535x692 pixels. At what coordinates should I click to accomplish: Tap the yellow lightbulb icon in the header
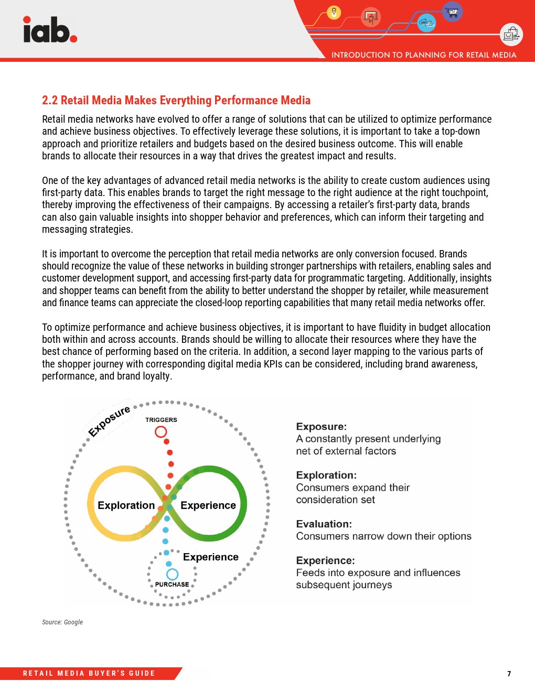(334, 12)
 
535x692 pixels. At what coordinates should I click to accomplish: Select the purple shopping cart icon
(452, 11)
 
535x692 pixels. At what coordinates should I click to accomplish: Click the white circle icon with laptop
(511, 35)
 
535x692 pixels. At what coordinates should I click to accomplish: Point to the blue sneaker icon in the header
(426, 23)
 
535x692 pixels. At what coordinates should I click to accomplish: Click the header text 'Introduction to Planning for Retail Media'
(424, 55)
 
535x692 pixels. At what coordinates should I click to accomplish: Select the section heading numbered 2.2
(176, 100)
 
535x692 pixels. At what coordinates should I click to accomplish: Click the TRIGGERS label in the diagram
(161, 420)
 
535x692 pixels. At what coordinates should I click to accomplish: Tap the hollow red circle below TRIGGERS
(161, 431)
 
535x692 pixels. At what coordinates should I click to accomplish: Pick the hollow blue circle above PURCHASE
(172, 574)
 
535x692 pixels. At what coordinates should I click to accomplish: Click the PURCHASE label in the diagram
(172, 585)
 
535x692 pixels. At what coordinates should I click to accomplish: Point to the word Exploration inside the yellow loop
(126, 505)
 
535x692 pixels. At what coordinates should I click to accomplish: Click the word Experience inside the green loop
(208, 505)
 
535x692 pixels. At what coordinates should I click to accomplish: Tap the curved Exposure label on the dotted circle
(109, 420)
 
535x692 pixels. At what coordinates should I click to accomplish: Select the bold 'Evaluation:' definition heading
(324, 524)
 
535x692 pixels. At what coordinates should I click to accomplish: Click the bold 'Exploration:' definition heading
(326, 475)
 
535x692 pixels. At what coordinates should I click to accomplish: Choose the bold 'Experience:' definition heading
(325, 560)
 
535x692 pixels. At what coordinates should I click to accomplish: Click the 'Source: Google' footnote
(62, 622)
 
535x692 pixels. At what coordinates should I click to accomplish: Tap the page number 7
(509, 674)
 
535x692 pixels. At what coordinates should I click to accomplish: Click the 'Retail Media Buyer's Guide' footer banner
(89, 674)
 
